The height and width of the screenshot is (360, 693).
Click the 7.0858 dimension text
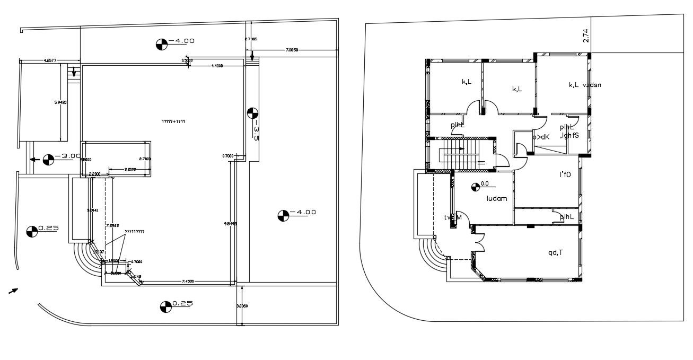pyautogui.click(x=292, y=50)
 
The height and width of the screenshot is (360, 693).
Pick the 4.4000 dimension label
pyautogui.click(x=216, y=66)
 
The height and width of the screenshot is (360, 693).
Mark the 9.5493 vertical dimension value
pyautogui.click(x=227, y=224)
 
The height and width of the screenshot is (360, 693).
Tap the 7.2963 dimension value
pyautogui.click(x=111, y=226)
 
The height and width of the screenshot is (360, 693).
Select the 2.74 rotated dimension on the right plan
pyautogui.click(x=586, y=36)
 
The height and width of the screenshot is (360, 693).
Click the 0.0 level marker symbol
pyautogui.click(x=476, y=185)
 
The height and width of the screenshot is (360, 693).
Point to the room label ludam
pyautogui.click(x=497, y=199)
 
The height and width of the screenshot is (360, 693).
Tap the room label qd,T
pyautogui.click(x=556, y=253)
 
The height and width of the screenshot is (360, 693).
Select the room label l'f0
pyautogui.click(x=565, y=174)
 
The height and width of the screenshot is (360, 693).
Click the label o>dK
pyautogui.click(x=541, y=137)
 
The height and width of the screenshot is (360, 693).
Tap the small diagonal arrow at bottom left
pyautogui.click(x=14, y=290)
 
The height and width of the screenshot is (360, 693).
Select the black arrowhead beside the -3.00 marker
pyautogui.click(x=33, y=159)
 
